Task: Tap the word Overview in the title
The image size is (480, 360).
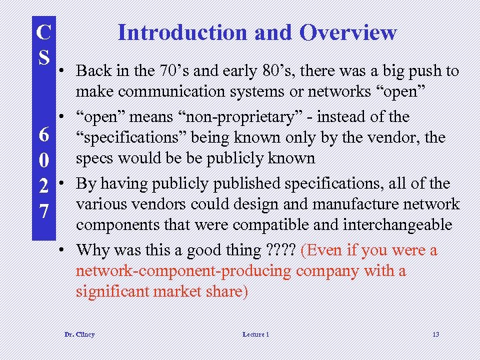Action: [x=348, y=32]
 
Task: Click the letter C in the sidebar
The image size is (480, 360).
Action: [x=43, y=31]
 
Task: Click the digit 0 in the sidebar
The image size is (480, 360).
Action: [x=43, y=161]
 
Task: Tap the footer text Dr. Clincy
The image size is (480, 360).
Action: [x=79, y=334]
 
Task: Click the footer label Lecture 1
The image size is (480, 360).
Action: [x=255, y=334]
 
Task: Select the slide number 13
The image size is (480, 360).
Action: [x=435, y=334]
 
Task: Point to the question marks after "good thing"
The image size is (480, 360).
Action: [x=281, y=250]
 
